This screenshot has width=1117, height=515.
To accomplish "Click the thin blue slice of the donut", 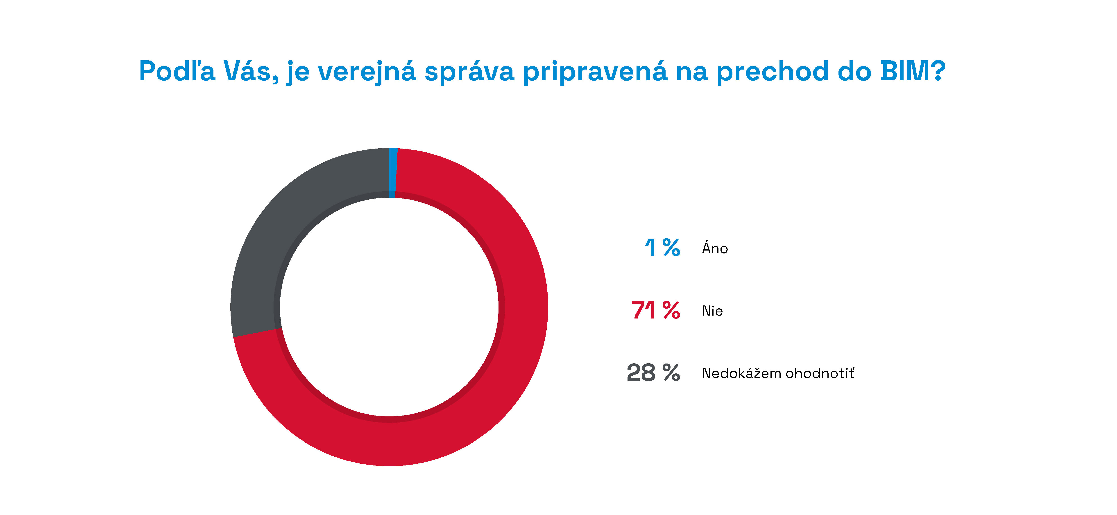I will pos(393,173).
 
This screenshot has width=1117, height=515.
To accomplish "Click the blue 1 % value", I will pos(662,248).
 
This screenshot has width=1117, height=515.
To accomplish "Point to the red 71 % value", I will pos(656,310).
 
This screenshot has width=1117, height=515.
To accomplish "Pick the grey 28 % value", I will pos(653,373).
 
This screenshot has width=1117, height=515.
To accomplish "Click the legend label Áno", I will pos(715,248).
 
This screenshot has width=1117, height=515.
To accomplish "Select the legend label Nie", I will pos(712,311).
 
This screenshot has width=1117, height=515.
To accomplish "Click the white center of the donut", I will pos(389,307).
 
